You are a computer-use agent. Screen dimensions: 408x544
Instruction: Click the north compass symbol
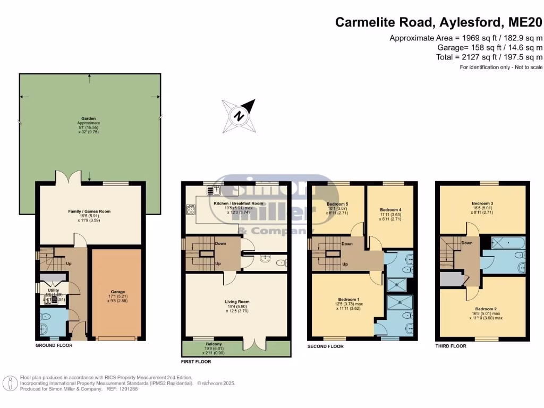tap(240, 115)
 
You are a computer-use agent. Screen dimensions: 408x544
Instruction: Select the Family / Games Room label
tap(89, 211)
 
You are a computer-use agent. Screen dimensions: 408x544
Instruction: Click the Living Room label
tap(237, 302)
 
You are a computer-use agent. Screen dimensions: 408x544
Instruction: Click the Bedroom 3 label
tap(483, 203)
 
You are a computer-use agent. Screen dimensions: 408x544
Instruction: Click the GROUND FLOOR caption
tap(54, 345)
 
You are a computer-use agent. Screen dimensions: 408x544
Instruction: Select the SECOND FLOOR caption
tap(326, 346)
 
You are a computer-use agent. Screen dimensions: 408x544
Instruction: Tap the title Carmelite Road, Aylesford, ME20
tap(439, 22)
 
